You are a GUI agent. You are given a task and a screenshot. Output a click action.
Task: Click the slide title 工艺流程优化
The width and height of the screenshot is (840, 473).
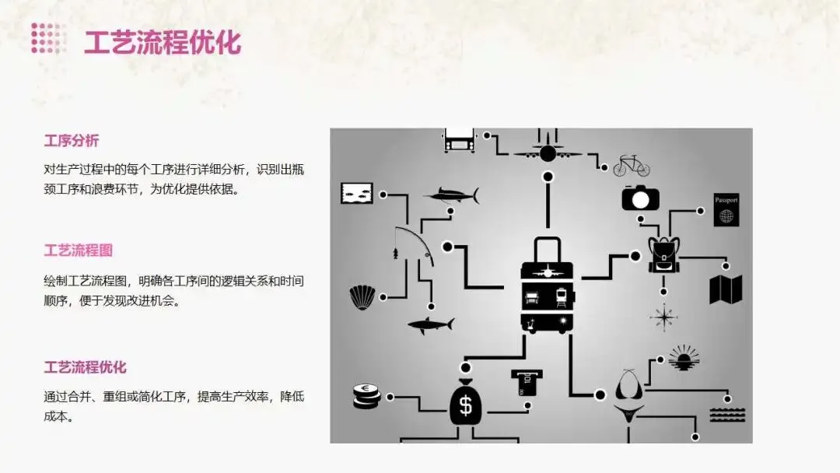(x=163, y=42)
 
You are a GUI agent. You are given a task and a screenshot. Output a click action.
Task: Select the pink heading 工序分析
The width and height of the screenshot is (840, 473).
(x=72, y=141)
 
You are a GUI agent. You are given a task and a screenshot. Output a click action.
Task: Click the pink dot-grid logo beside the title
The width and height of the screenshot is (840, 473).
(x=48, y=38)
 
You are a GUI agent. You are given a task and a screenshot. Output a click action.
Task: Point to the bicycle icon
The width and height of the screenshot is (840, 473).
(x=631, y=166)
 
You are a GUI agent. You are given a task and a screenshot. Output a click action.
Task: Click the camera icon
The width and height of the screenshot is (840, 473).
(x=640, y=197)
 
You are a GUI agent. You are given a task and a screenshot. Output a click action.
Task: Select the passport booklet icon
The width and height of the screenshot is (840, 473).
(x=726, y=210)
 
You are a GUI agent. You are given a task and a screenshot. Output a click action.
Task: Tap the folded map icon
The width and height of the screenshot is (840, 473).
(x=726, y=289)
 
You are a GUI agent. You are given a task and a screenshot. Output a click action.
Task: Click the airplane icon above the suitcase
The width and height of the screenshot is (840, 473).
(x=548, y=150)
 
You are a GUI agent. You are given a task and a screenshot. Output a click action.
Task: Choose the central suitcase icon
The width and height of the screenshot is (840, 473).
(x=547, y=286)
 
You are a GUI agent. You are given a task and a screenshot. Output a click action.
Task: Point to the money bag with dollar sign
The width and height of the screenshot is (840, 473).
(x=465, y=401)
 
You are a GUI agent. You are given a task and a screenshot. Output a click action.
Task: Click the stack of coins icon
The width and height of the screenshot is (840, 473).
(x=366, y=397)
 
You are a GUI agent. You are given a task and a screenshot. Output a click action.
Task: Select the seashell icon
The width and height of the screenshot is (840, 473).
(x=362, y=296)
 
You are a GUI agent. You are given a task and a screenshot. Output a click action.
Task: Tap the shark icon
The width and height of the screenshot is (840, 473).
(x=430, y=324)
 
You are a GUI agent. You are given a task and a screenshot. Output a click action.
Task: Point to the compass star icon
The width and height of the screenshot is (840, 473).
(x=663, y=317)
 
